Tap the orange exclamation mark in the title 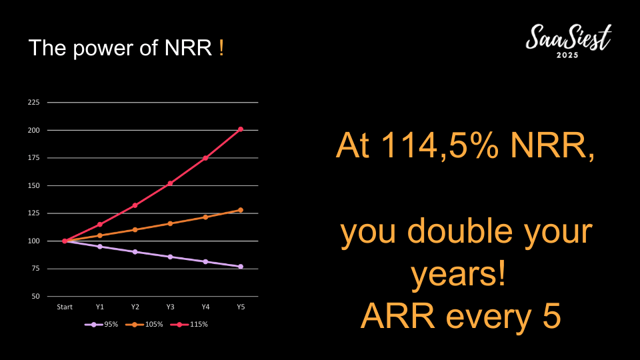(x=221, y=48)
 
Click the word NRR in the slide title (x=188, y=48)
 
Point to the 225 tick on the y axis (x=33, y=102)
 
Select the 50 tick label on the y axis (x=35, y=296)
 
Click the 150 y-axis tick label (x=33, y=185)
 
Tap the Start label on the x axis (x=65, y=307)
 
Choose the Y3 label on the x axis (x=170, y=307)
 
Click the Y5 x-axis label (x=241, y=307)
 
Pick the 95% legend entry (x=101, y=325)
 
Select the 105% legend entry (x=144, y=325)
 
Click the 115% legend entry (x=189, y=325)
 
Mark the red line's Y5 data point (x=241, y=129)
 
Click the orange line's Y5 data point (x=241, y=210)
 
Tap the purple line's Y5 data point (x=241, y=267)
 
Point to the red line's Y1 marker (x=100, y=225)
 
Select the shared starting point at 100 (x=65, y=241)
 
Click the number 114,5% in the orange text (x=439, y=145)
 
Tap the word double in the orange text (x=459, y=231)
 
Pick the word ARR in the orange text (x=397, y=316)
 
